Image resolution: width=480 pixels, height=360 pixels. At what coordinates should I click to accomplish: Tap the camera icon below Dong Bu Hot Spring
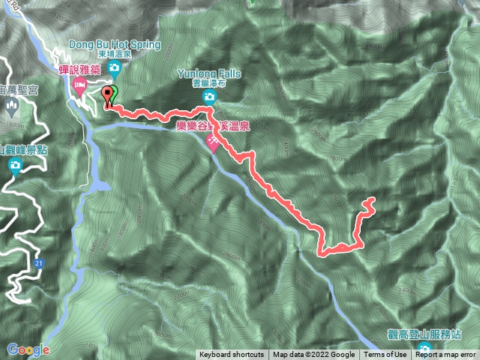pyautogui.click(x=115, y=68)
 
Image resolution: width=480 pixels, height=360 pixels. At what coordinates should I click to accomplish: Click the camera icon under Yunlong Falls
pyautogui.click(x=209, y=98)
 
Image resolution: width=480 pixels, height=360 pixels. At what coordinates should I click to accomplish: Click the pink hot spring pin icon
pyautogui.click(x=213, y=142)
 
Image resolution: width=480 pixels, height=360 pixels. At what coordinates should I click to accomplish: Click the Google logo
pyautogui.click(x=28, y=349)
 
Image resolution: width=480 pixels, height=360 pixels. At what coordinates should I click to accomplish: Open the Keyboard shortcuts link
pyautogui.click(x=232, y=355)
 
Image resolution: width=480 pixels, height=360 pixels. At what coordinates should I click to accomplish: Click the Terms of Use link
pyautogui.click(x=385, y=355)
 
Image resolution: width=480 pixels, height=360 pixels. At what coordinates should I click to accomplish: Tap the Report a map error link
pyautogui.click(x=445, y=355)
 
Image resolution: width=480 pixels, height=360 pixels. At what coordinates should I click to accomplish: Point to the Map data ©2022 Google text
pyautogui.click(x=313, y=355)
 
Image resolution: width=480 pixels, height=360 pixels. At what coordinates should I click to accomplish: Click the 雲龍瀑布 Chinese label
pyautogui.click(x=209, y=85)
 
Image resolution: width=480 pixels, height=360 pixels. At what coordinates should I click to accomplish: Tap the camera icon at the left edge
pyautogui.click(x=14, y=168)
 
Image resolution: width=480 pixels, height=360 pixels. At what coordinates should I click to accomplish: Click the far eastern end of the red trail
pyautogui.click(x=373, y=201)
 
